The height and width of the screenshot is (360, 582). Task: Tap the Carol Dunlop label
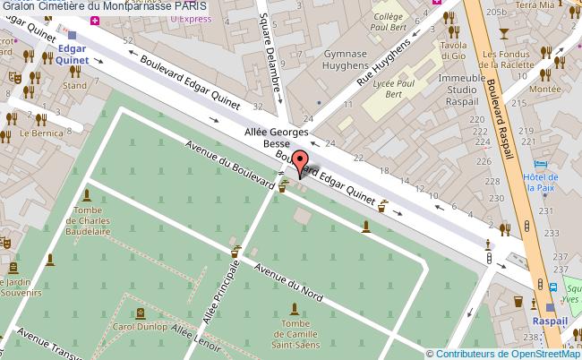(141, 326)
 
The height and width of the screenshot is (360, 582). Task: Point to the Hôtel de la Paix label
(543, 183)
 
